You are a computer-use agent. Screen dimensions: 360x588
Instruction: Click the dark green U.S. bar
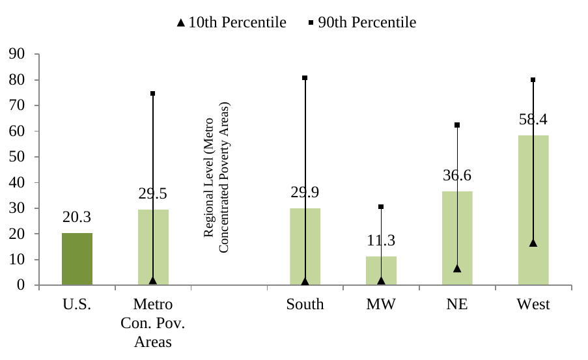pyautogui.click(x=77, y=259)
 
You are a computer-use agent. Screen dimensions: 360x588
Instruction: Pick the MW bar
pyautogui.click(x=381, y=271)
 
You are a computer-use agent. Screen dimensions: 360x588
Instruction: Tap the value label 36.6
pyautogui.click(x=457, y=176)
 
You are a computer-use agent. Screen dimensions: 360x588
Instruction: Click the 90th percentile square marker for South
pyautogui.click(x=305, y=78)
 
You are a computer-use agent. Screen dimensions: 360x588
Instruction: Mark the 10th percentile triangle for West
pyautogui.click(x=533, y=243)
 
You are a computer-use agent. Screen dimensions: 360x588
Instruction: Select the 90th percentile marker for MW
pyautogui.click(x=381, y=207)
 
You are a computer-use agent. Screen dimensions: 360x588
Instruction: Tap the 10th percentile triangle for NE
pyautogui.click(x=457, y=268)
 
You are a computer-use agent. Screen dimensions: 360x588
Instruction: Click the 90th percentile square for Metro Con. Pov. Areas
pyautogui.click(x=153, y=94)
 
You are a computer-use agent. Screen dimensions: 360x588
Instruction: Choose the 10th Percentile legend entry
pyautogui.click(x=232, y=23)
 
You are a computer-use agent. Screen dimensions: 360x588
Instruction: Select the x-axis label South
pyautogui.click(x=305, y=305)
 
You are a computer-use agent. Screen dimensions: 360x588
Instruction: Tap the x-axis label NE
pyautogui.click(x=457, y=305)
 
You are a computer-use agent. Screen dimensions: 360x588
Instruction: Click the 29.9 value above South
pyautogui.click(x=305, y=193)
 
